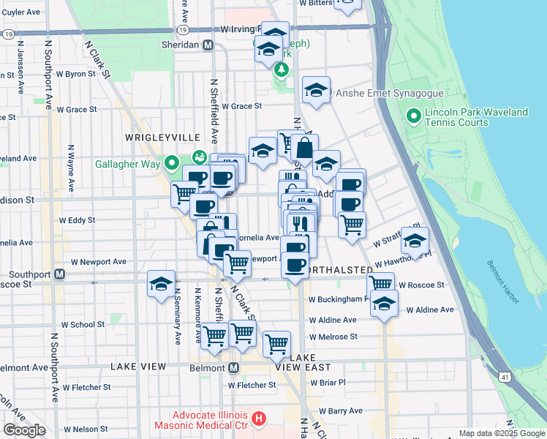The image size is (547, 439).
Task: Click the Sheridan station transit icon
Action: pos(208,45)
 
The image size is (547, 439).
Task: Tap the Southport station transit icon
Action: pos(61,275)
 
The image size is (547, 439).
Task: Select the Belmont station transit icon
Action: pos(234,367)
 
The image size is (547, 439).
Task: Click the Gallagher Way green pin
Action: pos(173,162)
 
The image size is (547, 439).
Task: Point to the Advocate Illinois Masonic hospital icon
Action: pos(257,419)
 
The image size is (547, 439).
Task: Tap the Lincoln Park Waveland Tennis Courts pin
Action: pos(414,116)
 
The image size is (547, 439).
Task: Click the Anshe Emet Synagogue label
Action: pos(380,93)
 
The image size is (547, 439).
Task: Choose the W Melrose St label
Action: pos(333,337)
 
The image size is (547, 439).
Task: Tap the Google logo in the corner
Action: pos(24,429)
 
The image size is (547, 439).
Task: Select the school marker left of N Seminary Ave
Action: pos(161,285)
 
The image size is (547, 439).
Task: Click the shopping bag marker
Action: pos(305,149)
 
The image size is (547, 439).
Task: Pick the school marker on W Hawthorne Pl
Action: pos(415,241)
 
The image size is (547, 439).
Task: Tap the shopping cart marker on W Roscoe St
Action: pos(380,285)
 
